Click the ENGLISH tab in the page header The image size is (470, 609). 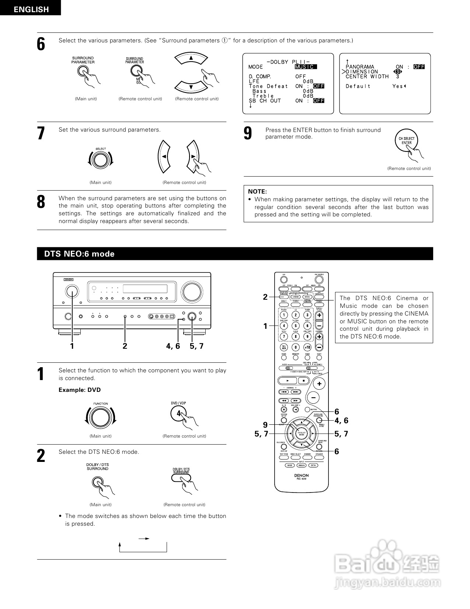31,9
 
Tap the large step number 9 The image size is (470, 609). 248,133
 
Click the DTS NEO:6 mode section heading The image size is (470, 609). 79,254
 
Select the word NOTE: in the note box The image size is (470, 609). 257,191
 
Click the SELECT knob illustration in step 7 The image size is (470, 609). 100,160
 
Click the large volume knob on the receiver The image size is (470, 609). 192,291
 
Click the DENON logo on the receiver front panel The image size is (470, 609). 69,279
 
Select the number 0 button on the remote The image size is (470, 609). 296,347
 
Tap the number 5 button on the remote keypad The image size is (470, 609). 296,326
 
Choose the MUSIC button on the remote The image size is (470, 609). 307,297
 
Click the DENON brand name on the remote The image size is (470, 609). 302,476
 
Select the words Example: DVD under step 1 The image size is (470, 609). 80,390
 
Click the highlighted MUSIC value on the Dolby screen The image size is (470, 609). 305,67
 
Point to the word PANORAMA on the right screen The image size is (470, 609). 359,67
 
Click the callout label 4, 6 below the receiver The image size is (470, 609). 173,346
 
